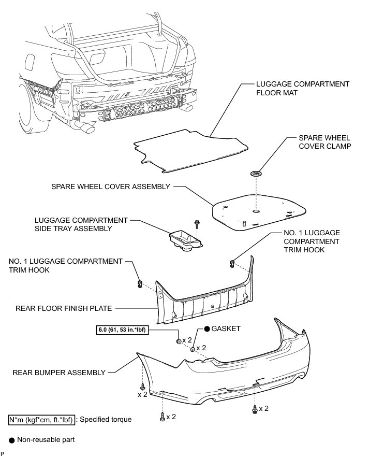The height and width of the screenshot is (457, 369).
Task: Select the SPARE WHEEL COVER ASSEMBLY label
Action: (110, 187)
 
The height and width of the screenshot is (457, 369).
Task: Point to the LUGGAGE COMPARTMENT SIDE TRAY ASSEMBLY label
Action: (80, 224)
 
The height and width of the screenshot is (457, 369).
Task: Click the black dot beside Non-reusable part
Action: (11, 439)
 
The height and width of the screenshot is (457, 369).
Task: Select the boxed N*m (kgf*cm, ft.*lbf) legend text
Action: (42, 419)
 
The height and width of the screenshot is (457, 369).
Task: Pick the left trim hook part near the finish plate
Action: (140, 283)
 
